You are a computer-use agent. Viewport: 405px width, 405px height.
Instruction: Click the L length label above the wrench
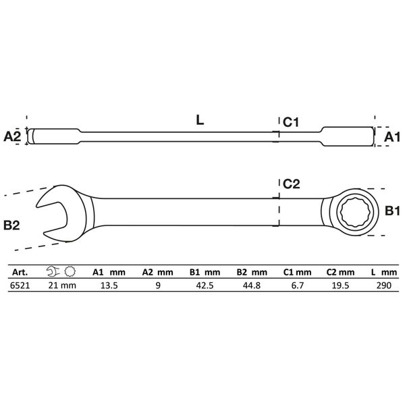tap(200, 120)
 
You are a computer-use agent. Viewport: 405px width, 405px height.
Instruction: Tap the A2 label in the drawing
tap(12, 136)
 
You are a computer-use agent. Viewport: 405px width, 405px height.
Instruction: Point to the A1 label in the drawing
tap(391, 137)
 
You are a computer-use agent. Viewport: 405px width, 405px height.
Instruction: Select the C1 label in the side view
tap(291, 122)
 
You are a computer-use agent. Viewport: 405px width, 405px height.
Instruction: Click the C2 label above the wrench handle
tap(292, 184)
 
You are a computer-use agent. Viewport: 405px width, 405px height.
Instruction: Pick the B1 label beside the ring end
tap(392, 211)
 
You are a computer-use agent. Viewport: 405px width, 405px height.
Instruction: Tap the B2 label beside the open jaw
tap(11, 225)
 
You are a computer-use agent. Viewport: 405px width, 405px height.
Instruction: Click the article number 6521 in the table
tap(20, 286)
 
